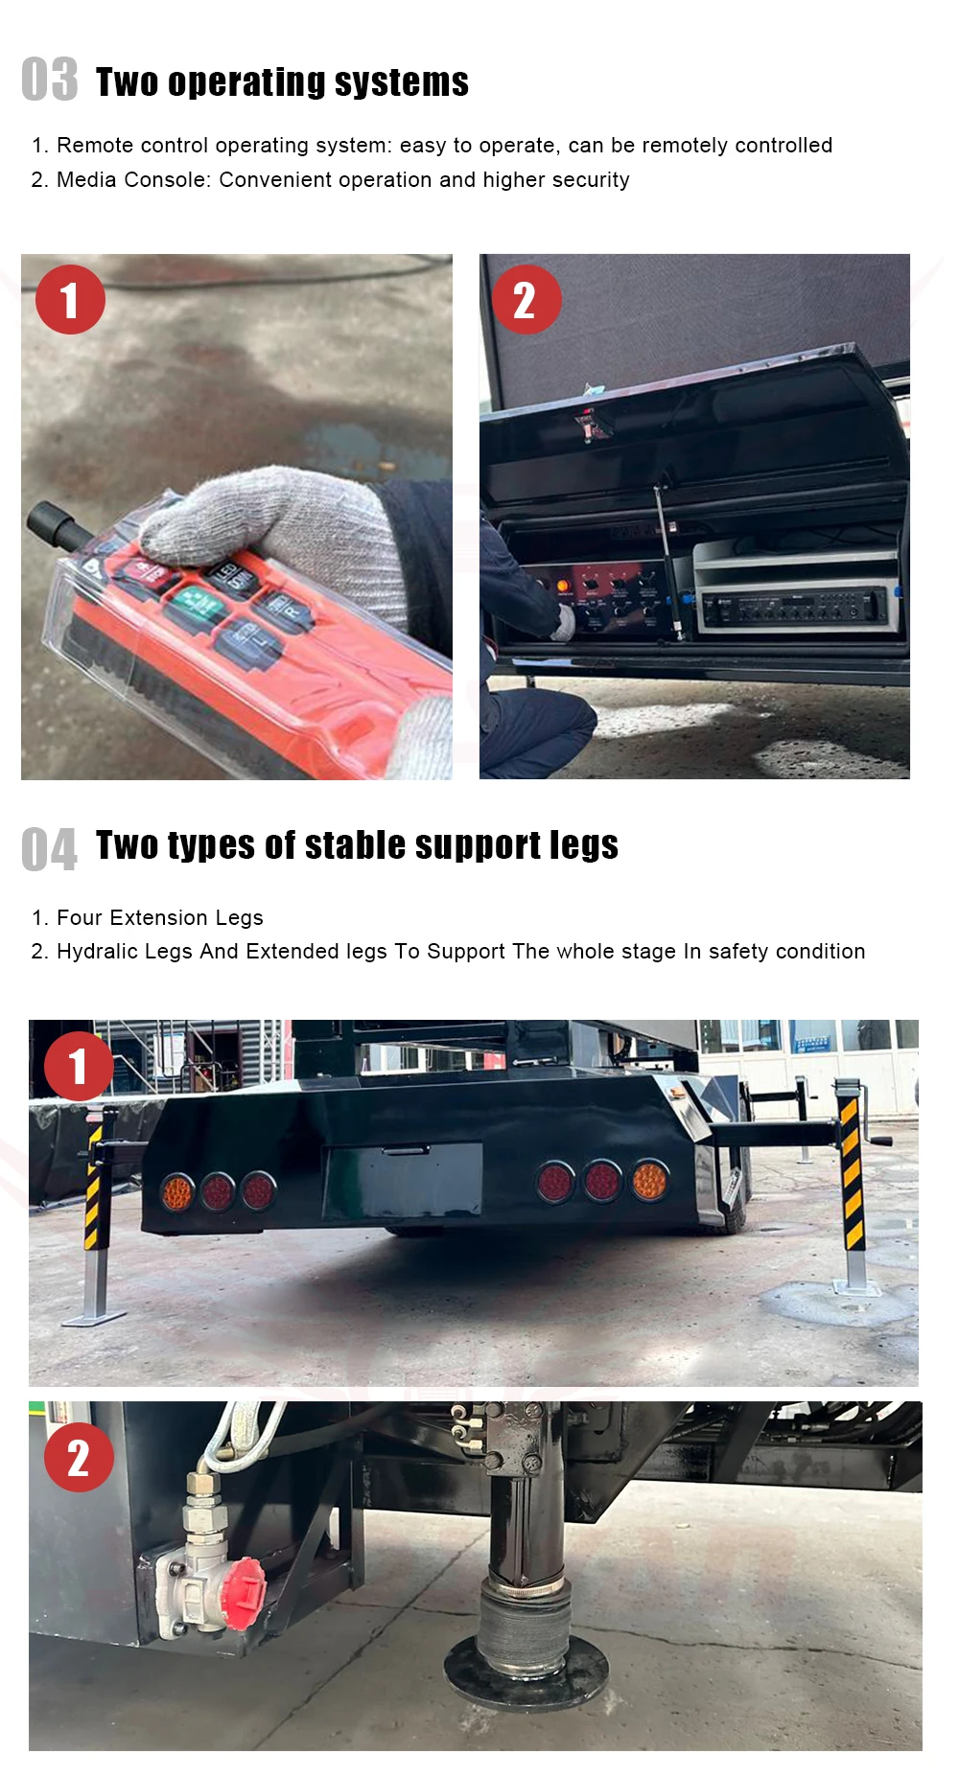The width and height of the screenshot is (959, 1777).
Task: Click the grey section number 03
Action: coord(50,79)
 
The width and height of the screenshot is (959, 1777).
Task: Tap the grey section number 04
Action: coord(50,849)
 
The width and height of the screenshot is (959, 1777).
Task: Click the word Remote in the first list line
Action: coord(94,145)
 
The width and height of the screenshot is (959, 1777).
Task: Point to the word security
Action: coord(589,180)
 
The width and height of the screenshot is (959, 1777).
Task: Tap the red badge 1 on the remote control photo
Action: coord(70,300)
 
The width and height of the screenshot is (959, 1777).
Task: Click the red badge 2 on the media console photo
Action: coord(526,300)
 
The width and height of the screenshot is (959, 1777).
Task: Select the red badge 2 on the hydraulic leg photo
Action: coord(79,1458)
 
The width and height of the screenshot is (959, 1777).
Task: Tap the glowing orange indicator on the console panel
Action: coord(563,584)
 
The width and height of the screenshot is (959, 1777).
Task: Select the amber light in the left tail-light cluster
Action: coord(176,1191)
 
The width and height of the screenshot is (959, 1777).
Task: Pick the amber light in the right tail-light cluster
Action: coord(649,1181)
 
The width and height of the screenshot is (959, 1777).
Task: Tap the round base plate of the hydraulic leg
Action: coord(525,1668)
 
